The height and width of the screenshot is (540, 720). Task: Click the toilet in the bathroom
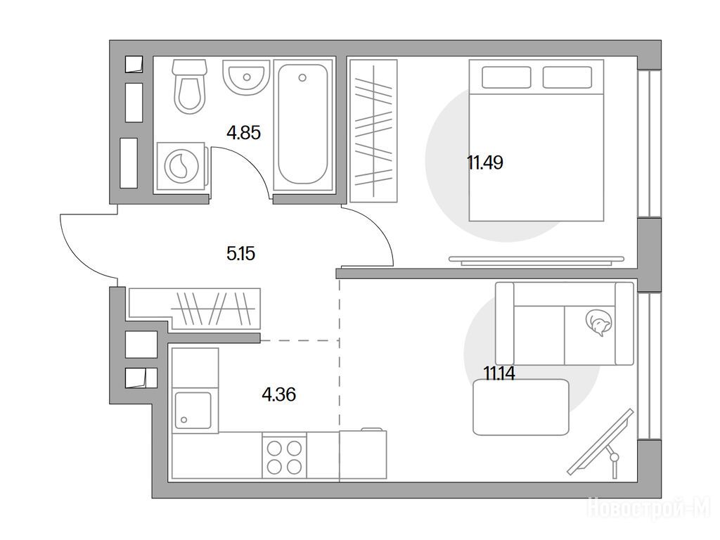[189, 86]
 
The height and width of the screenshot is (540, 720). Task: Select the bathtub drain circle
[302, 77]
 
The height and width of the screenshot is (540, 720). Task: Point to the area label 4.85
[243, 133]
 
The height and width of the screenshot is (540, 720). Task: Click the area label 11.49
[485, 162]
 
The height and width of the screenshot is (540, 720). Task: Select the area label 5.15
[240, 253]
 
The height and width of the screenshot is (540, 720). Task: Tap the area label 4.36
[278, 394]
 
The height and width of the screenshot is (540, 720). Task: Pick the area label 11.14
[499, 373]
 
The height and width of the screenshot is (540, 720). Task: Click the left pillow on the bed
[506, 77]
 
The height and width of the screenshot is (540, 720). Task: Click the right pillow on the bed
[567, 77]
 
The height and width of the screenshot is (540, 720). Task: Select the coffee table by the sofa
[521, 407]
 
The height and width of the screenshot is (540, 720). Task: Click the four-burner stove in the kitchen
[284, 457]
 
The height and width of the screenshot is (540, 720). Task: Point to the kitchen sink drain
[184, 420]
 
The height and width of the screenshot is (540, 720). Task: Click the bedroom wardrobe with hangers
[373, 131]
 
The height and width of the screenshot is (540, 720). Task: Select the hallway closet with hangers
[195, 308]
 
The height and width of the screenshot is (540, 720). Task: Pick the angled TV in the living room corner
[600, 442]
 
